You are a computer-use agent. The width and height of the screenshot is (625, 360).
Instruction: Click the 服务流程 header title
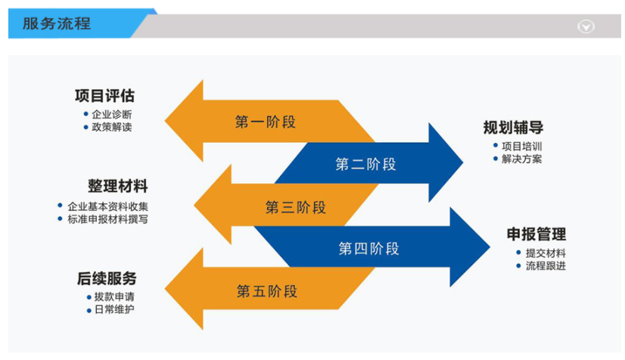click(x=57, y=23)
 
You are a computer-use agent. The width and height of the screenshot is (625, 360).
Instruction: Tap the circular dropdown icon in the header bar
click(x=586, y=26)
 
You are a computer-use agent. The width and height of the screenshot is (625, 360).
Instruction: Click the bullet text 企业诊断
click(x=111, y=114)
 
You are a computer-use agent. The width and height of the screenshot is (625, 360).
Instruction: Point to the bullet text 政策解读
click(x=111, y=127)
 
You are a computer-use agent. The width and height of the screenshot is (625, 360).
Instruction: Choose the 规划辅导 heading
click(x=513, y=128)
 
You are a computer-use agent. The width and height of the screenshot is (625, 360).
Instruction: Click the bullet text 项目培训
click(x=521, y=146)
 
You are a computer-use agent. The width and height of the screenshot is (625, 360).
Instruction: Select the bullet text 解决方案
click(x=521, y=159)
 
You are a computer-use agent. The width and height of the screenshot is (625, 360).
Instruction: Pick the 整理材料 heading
click(x=117, y=186)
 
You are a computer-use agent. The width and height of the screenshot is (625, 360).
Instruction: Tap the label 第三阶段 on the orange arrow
click(x=295, y=207)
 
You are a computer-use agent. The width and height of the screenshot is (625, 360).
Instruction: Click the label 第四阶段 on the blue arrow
click(x=368, y=248)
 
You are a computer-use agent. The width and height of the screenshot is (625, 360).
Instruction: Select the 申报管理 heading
click(x=536, y=234)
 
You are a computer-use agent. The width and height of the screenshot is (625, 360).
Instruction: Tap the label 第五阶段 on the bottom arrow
click(x=266, y=291)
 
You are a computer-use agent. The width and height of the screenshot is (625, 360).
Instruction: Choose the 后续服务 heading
click(x=107, y=278)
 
